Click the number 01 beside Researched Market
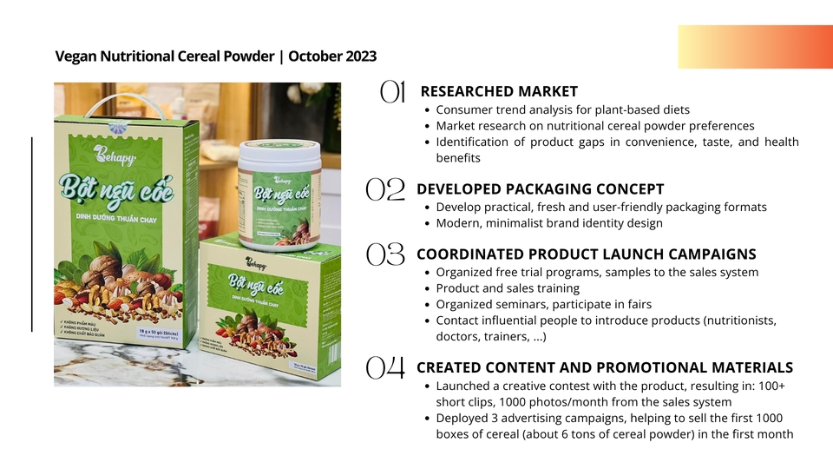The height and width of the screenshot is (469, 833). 393,92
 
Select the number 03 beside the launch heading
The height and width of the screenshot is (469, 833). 386,255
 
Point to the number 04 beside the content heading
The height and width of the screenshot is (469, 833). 386,368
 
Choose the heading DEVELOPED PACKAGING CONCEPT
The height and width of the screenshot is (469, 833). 541,189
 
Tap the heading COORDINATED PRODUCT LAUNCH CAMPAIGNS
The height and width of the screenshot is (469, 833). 587,254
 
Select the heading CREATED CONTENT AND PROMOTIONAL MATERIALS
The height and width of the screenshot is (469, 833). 605,367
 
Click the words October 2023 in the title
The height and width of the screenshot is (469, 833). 332,56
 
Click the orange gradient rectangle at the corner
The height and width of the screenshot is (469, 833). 755,47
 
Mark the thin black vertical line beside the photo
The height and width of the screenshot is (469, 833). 32,234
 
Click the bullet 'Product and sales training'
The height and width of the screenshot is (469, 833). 508,288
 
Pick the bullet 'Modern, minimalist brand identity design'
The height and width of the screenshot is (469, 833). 549,223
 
